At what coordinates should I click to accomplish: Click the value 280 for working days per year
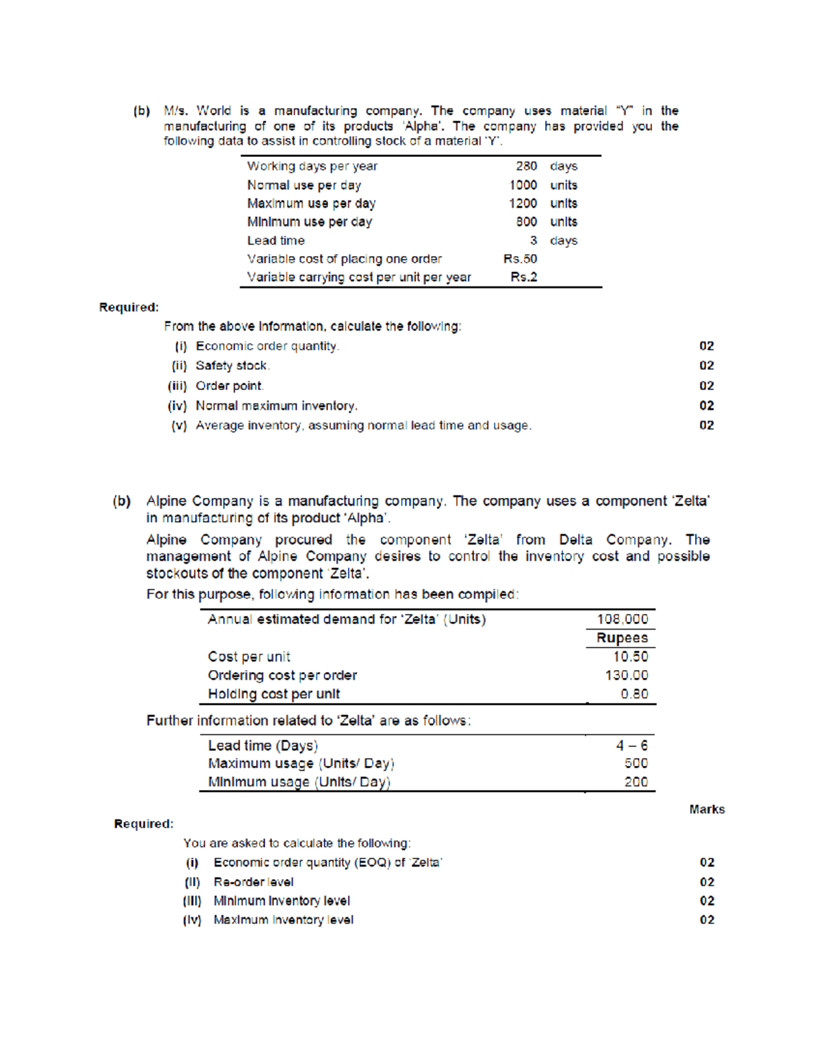[x=526, y=166]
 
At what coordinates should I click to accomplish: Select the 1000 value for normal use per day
[x=523, y=185]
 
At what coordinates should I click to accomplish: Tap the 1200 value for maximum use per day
[x=523, y=203]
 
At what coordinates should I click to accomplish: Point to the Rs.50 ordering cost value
[x=520, y=259]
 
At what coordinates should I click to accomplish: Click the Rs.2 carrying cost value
[x=523, y=277]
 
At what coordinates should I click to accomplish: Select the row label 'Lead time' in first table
[x=275, y=240]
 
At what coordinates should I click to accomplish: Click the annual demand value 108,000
[x=622, y=619]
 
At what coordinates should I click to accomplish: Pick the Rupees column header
[x=621, y=638]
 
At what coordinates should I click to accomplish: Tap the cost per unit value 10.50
[x=630, y=656]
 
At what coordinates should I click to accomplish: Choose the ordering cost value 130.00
[x=626, y=676]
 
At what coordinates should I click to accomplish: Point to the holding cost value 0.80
[x=634, y=694]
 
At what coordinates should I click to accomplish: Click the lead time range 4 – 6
[x=631, y=745]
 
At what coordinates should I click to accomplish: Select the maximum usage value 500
[x=636, y=763]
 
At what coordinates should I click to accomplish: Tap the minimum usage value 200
[x=636, y=782]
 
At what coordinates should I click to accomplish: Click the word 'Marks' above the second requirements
[x=707, y=809]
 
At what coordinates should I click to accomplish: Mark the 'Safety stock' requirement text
[x=232, y=366]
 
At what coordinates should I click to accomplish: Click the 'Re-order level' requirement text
[x=253, y=882]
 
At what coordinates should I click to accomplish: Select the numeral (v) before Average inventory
[x=179, y=425]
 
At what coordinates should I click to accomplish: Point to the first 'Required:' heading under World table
[x=129, y=308]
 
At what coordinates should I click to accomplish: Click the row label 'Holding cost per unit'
[x=274, y=694]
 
